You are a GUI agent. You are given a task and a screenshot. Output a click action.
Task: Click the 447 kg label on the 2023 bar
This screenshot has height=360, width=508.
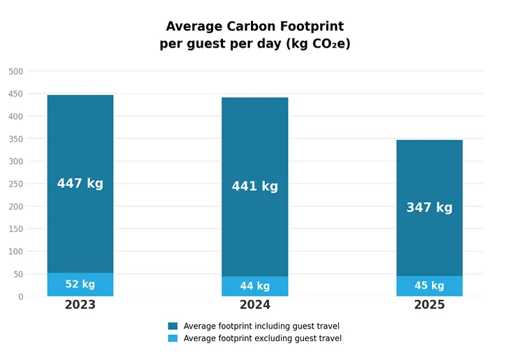(x=80, y=184)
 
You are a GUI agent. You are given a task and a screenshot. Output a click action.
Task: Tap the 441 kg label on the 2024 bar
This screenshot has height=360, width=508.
(x=254, y=187)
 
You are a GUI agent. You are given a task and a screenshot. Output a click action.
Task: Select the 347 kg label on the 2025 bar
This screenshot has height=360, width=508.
(x=429, y=208)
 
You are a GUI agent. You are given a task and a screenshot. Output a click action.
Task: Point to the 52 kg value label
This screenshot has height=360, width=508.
(x=80, y=285)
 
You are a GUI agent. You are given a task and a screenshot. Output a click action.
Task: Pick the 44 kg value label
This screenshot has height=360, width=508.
(x=254, y=286)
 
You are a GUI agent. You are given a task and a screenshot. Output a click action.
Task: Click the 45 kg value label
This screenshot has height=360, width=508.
(x=429, y=286)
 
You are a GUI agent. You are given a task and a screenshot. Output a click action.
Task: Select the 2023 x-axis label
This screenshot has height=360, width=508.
(x=80, y=305)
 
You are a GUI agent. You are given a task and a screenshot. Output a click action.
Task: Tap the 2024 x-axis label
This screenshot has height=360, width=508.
(x=254, y=305)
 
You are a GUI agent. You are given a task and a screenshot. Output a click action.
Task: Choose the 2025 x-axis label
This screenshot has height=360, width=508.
(x=429, y=305)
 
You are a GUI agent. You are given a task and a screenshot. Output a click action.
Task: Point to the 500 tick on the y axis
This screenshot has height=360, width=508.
(x=16, y=71)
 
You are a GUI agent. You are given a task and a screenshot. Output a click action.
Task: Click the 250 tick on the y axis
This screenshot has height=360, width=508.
(x=16, y=184)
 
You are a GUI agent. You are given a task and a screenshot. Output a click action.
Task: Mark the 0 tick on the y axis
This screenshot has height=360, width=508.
(x=20, y=296)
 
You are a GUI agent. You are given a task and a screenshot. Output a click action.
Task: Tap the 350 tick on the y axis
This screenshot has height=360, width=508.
(x=16, y=139)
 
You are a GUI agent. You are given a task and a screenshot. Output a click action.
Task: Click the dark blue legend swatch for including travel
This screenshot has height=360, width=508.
(x=173, y=326)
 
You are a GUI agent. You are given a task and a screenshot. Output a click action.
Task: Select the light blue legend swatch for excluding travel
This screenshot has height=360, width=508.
(x=173, y=338)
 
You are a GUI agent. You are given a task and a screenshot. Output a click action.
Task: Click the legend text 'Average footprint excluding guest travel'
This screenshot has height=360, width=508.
(x=262, y=338)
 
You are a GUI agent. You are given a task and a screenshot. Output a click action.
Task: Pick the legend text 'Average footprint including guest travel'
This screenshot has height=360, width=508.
(x=261, y=326)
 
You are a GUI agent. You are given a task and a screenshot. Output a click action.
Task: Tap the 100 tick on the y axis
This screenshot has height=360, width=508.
(x=16, y=252)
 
